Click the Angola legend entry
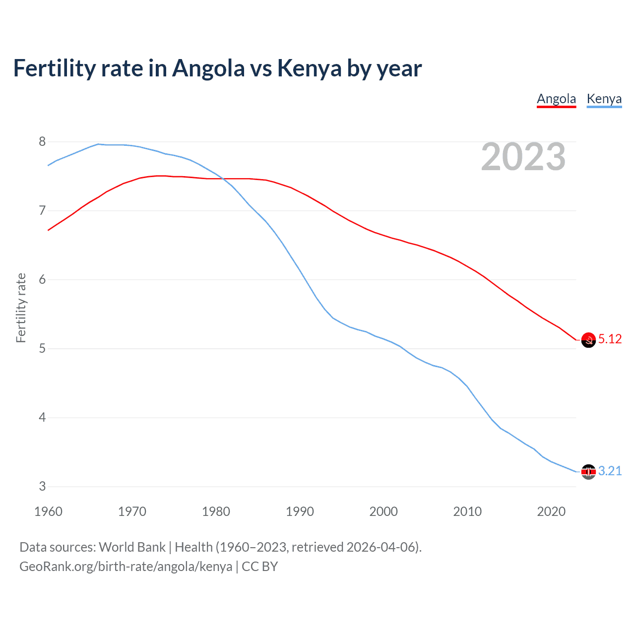(556, 99)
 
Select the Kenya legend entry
(604, 99)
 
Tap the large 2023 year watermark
(523, 157)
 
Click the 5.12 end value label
(610, 339)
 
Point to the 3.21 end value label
(610, 471)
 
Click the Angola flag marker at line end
(588, 340)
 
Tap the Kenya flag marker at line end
(588, 472)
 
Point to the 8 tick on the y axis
(42, 142)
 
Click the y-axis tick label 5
(42, 349)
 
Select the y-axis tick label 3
(42, 487)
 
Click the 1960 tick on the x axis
(48, 511)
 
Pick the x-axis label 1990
(300, 511)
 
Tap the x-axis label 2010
(467, 511)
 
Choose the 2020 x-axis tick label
(551, 511)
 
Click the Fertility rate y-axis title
(21, 308)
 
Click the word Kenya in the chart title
(309, 68)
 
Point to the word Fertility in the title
(54, 68)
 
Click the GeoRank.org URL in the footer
(126, 567)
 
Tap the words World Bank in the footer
(132, 547)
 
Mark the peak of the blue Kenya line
(98, 144)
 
